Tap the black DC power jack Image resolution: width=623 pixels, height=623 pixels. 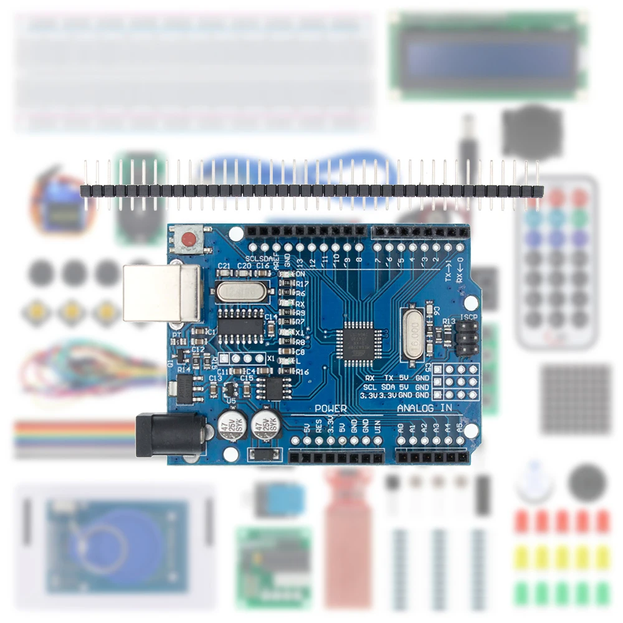coord(169,435)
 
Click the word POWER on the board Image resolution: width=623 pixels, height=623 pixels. coord(330,409)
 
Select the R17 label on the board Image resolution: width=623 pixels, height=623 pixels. coord(302,283)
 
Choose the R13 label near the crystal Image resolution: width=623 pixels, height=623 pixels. coord(449,321)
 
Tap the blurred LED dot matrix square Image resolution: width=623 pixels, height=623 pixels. coord(576,399)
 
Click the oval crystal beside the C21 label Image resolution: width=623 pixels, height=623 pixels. coord(242,291)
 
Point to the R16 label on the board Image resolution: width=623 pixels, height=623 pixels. coord(302,372)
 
